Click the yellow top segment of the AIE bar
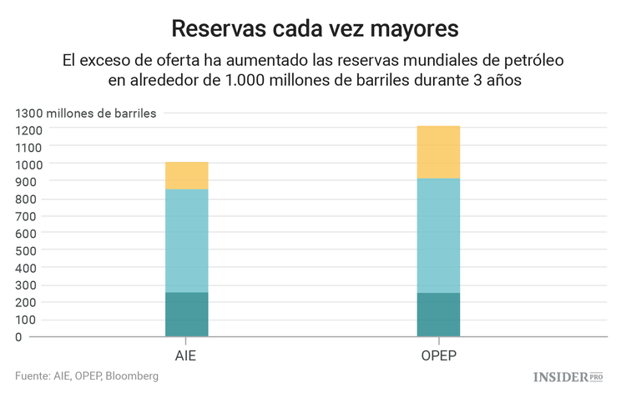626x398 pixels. coord(186,175)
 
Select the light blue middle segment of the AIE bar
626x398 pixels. coord(186,240)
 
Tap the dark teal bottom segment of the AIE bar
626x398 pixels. coord(186,315)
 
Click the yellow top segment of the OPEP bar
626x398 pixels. coord(438,152)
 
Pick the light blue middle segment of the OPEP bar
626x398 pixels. coord(438,235)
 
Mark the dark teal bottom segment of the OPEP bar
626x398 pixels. coord(438,315)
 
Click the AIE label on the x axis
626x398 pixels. coord(186,355)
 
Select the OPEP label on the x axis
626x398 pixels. coord(438,355)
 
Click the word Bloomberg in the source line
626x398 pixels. coord(130,377)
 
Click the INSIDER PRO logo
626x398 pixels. coord(568,377)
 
